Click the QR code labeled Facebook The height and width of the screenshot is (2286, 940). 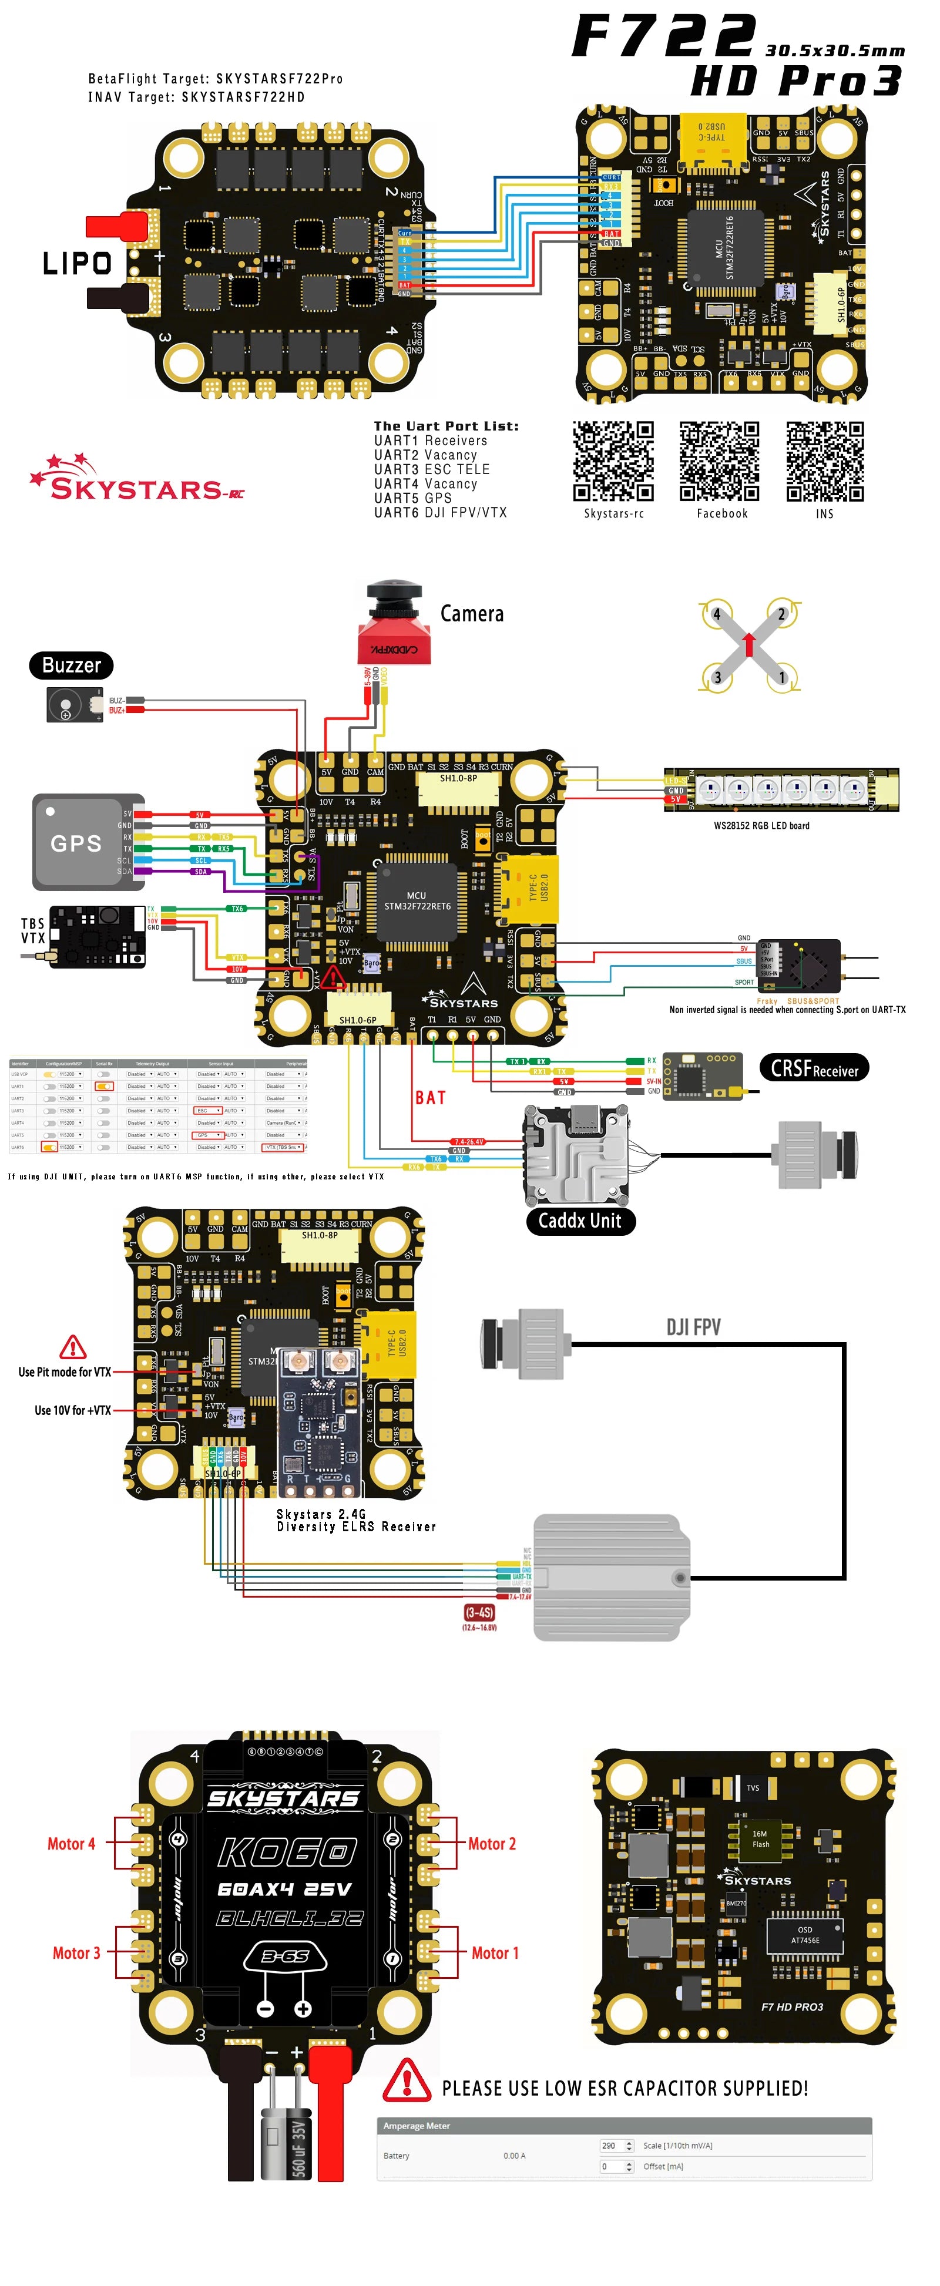(719, 462)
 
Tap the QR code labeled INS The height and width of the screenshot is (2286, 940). (825, 462)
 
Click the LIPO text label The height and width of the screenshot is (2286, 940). (77, 264)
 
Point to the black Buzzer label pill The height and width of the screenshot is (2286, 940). (71, 665)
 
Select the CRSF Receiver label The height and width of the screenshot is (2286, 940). (814, 1068)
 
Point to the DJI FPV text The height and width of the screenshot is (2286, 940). (693, 1327)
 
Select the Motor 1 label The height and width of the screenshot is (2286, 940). (495, 1952)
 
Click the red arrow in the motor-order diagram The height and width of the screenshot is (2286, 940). (749, 644)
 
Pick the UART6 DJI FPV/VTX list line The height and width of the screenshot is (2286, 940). (440, 512)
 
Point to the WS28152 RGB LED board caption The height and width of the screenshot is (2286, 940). (761, 825)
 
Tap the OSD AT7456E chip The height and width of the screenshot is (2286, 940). (804, 1935)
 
